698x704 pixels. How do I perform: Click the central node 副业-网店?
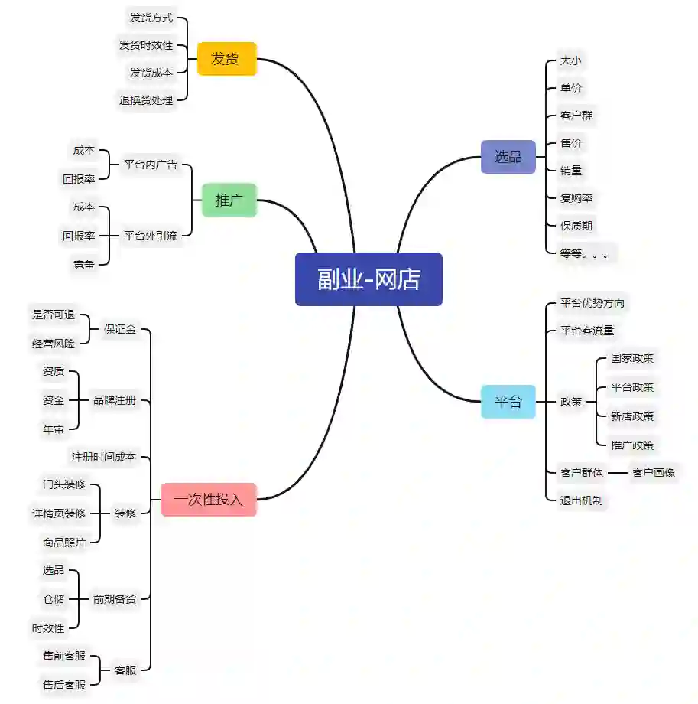point(368,279)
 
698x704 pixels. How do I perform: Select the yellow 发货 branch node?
point(226,59)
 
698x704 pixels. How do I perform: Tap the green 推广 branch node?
point(229,200)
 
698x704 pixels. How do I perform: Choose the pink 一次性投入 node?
point(208,500)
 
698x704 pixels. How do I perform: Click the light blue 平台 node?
point(508,401)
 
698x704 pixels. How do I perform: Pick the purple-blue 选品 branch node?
point(508,157)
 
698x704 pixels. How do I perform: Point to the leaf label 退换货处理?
point(146,100)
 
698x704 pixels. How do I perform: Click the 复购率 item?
point(576,198)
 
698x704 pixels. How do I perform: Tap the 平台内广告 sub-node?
point(151,164)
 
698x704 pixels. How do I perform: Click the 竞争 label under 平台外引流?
point(84,265)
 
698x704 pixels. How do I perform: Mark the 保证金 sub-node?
point(120,330)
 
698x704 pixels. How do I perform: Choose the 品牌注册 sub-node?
point(115,399)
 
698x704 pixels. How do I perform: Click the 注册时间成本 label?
point(104,457)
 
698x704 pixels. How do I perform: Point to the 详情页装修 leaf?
point(64,513)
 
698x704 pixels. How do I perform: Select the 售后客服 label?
point(64,685)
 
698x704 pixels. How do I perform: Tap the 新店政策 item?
point(632,416)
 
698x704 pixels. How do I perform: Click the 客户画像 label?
point(654,473)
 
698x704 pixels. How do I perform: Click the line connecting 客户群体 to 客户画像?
point(618,473)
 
